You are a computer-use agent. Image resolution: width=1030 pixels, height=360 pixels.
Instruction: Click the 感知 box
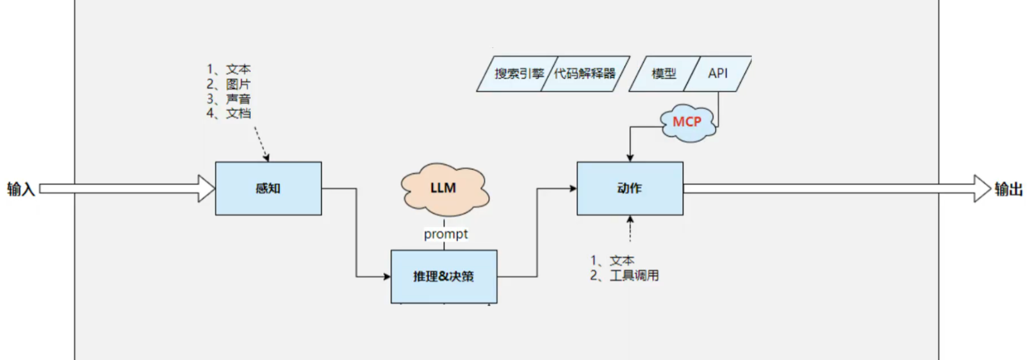(x=268, y=188)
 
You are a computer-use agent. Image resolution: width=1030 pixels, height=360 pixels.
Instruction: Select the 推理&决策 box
(x=443, y=276)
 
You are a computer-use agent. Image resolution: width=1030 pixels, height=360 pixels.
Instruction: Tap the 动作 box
(x=630, y=188)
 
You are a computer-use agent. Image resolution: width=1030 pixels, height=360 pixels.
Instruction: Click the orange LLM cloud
(x=444, y=188)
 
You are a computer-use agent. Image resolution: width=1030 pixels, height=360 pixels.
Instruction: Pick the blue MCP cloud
(x=687, y=122)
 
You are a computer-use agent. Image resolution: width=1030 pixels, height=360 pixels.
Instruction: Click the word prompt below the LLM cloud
(x=446, y=234)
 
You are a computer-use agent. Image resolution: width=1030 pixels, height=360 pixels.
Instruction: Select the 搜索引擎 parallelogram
(x=516, y=74)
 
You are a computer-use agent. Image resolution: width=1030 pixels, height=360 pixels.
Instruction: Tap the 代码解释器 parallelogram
(x=584, y=74)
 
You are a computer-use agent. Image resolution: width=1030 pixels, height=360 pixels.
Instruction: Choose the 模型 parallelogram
(x=663, y=74)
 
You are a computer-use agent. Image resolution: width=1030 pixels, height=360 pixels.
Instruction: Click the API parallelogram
(x=718, y=74)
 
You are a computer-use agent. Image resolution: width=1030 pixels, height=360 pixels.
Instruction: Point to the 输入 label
(x=20, y=189)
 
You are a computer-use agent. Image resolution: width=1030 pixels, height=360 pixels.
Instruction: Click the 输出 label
(x=1008, y=189)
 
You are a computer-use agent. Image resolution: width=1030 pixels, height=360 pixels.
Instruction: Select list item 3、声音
(x=229, y=99)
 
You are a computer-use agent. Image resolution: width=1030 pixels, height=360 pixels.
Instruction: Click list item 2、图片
(x=229, y=84)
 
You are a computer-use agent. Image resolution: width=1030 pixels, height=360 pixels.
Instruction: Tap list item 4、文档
(x=229, y=113)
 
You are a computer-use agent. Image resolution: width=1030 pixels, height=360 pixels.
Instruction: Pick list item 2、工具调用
(x=625, y=275)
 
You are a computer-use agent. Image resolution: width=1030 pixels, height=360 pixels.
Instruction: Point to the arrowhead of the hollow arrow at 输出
(x=982, y=189)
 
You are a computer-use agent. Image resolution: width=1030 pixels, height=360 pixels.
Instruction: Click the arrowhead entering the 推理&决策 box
(x=387, y=277)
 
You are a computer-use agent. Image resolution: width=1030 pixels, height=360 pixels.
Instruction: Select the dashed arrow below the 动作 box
(x=630, y=229)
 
